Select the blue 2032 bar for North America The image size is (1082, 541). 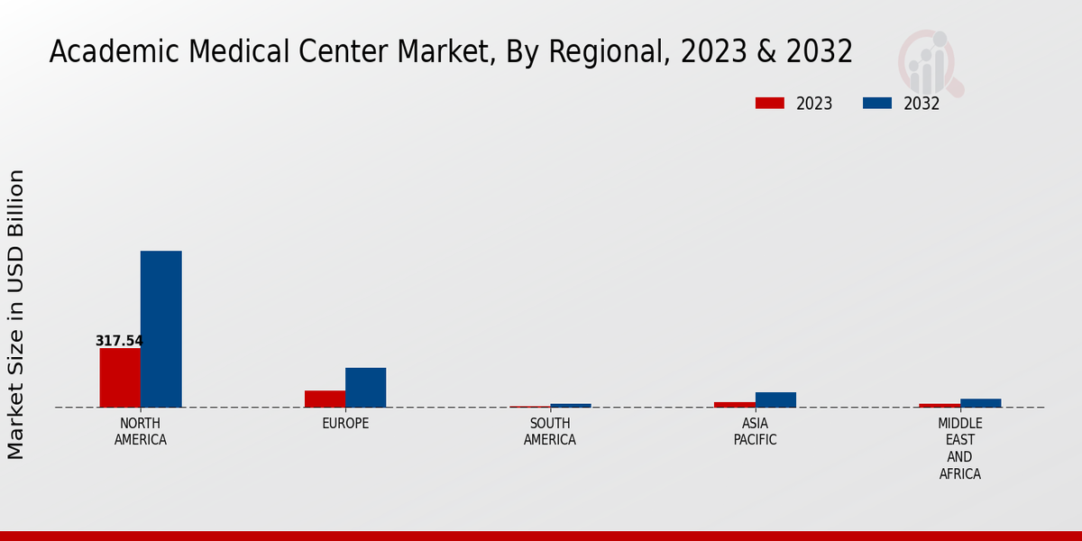pos(160,329)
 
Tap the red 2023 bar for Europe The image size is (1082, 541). pos(325,399)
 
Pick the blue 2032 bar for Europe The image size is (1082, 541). pos(365,388)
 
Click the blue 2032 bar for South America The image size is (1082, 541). pos(571,405)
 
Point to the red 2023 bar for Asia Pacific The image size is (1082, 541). pos(734,404)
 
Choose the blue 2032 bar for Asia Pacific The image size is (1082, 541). pos(775,399)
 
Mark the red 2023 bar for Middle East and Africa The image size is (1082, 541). pos(940,405)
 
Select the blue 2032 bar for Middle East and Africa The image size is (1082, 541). pos(980,403)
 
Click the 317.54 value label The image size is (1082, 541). pos(119,341)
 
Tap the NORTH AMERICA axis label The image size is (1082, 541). pos(140,432)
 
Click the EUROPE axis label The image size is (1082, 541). pos(345,424)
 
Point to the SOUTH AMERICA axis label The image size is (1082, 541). pos(550,432)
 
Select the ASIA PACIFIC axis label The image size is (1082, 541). pos(755,432)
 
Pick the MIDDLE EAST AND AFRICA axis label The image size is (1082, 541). pos(959,449)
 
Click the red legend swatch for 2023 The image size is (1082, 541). pos(769,104)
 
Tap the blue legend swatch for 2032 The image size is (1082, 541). pos(876,104)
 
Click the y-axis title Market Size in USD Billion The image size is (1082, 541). pos(16,314)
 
